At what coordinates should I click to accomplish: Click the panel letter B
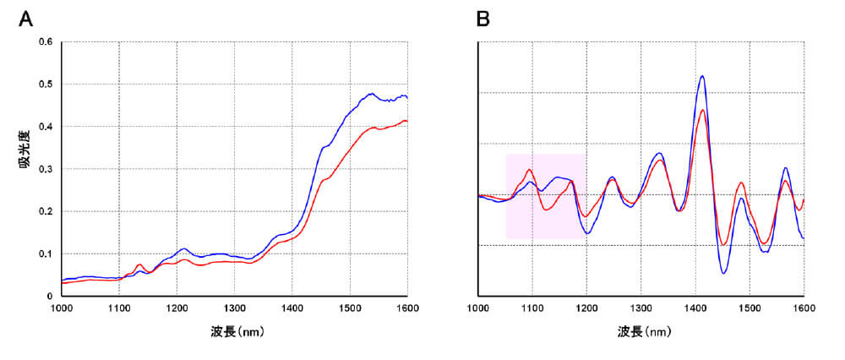[x=483, y=18]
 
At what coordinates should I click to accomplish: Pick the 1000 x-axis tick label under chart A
[x=62, y=308]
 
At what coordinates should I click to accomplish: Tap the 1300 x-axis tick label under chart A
[x=235, y=308]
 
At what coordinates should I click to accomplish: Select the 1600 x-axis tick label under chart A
[x=408, y=308]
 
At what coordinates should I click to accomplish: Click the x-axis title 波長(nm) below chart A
[x=234, y=333]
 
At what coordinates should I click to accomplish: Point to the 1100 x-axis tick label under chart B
[x=533, y=308]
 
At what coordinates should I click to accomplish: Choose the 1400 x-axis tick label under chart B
[x=695, y=308]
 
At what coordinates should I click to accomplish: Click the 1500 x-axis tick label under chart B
[x=750, y=308]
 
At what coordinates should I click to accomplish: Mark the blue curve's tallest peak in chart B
[x=701, y=76]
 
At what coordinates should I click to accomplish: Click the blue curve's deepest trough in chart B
[x=724, y=273]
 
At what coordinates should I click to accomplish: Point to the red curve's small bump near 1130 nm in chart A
[x=139, y=265]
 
